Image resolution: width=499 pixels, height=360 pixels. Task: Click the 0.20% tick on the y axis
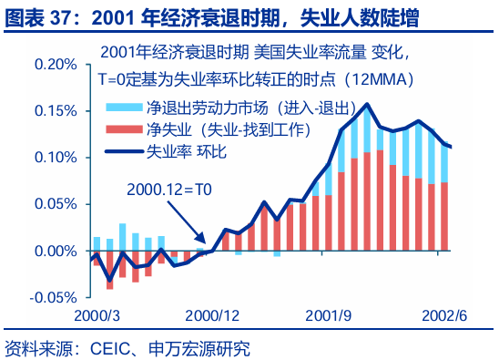(51, 65)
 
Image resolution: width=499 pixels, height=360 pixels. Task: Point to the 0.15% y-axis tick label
(51, 111)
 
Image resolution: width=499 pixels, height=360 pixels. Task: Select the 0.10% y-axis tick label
(51, 158)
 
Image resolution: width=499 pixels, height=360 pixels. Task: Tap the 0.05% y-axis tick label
(51, 204)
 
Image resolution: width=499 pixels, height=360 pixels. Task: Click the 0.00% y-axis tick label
(51, 251)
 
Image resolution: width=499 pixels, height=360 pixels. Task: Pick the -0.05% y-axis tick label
(48, 297)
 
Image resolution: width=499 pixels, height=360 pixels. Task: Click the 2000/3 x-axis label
(97, 315)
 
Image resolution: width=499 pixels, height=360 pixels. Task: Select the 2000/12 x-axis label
(211, 315)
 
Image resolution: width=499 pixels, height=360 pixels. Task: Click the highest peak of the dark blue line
(366, 104)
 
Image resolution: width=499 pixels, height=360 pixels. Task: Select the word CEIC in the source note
(107, 347)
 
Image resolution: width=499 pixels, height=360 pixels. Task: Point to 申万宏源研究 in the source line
(200, 347)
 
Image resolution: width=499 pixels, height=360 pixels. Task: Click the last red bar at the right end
(444, 216)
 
